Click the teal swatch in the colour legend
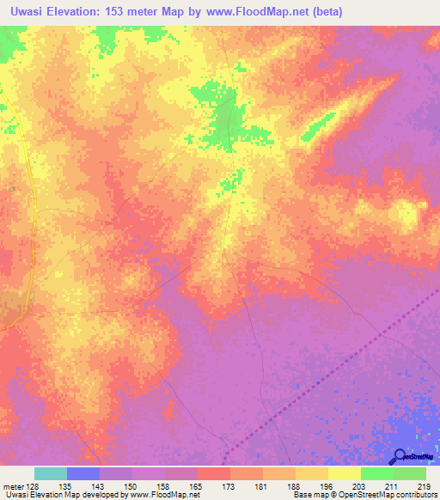(51, 473)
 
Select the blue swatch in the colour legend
(83, 473)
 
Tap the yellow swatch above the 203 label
(345, 473)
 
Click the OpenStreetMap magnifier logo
(400, 456)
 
